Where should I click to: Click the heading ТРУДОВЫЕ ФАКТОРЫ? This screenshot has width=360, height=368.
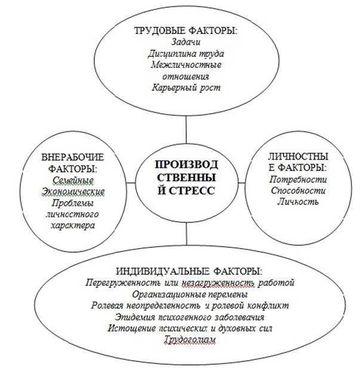[x=186, y=31]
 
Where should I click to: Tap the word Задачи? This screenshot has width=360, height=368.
[x=186, y=42]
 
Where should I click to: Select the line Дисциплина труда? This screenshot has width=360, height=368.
[x=186, y=54]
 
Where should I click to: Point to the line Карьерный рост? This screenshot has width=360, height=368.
[x=186, y=88]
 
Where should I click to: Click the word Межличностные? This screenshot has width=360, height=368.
[x=186, y=65]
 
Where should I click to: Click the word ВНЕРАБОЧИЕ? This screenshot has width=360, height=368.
[x=72, y=157]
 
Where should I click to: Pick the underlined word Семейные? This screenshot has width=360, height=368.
[x=73, y=180]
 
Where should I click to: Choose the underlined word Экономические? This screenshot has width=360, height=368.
[x=73, y=192]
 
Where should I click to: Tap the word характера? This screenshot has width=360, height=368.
[x=73, y=226]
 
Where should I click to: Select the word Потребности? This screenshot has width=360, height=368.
[x=298, y=180]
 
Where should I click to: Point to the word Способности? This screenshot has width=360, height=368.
[x=298, y=191]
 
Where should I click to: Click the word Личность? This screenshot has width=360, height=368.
[x=298, y=201]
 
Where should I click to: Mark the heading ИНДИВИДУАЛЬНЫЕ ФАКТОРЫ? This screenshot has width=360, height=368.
[x=189, y=272]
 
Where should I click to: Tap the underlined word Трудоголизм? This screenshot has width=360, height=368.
[x=189, y=339]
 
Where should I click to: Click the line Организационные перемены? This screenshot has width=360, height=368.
[x=190, y=295]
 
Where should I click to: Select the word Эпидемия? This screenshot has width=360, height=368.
[x=135, y=317]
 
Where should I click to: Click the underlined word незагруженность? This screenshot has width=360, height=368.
[x=218, y=283]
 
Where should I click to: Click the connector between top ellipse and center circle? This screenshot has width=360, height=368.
[x=186, y=129]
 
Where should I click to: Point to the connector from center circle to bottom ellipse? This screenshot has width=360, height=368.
[x=186, y=234]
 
